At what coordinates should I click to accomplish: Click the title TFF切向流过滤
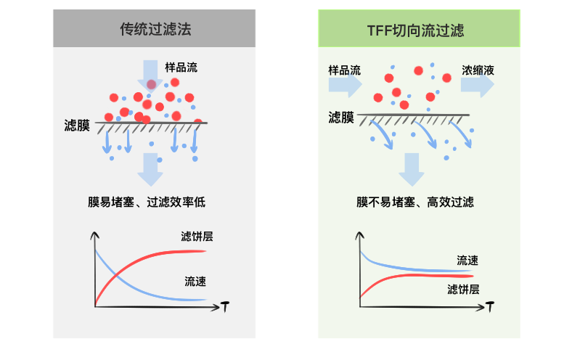(x=416, y=30)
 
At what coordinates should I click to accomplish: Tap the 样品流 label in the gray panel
(x=181, y=67)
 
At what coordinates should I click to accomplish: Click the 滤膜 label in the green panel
(x=341, y=116)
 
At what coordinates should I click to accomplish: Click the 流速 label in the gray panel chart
(x=195, y=281)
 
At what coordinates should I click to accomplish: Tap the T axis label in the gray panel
(x=226, y=308)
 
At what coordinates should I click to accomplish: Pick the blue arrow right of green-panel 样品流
(x=345, y=86)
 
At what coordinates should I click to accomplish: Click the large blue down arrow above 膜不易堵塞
(x=412, y=169)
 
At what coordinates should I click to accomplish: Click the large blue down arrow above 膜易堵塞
(x=151, y=168)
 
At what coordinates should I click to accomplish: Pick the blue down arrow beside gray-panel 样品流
(x=151, y=75)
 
